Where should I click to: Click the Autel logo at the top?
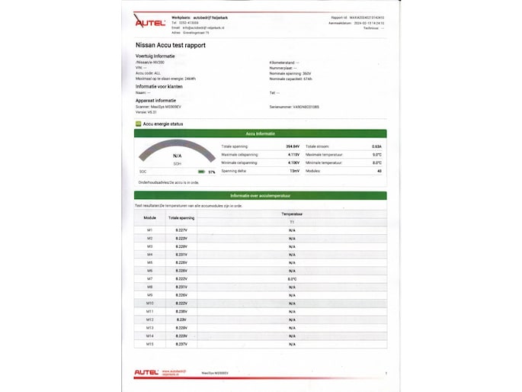pyautogui.click(x=150, y=23)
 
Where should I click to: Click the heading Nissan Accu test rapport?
pyautogui.click(x=170, y=46)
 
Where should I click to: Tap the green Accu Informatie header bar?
pyautogui.click(x=260, y=133)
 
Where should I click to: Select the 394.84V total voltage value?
pyautogui.click(x=293, y=146)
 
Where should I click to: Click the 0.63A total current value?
pyautogui.click(x=376, y=146)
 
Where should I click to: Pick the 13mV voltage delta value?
pyautogui.click(x=294, y=171)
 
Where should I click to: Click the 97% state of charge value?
pyautogui.click(x=212, y=172)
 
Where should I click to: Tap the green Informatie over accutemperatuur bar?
pyautogui.click(x=260, y=196)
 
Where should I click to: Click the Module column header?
pyautogui.click(x=150, y=217)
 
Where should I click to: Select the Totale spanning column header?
pyautogui.click(x=181, y=217)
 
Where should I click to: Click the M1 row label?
pyautogui.click(x=150, y=230)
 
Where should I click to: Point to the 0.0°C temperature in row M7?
pyautogui.click(x=292, y=279)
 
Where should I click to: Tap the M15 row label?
pyautogui.click(x=150, y=344)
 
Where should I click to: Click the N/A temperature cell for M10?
pyautogui.click(x=292, y=304)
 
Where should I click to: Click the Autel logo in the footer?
pyautogui.click(x=146, y=372)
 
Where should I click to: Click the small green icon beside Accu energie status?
pyautogui.click(x=138, y=123)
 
